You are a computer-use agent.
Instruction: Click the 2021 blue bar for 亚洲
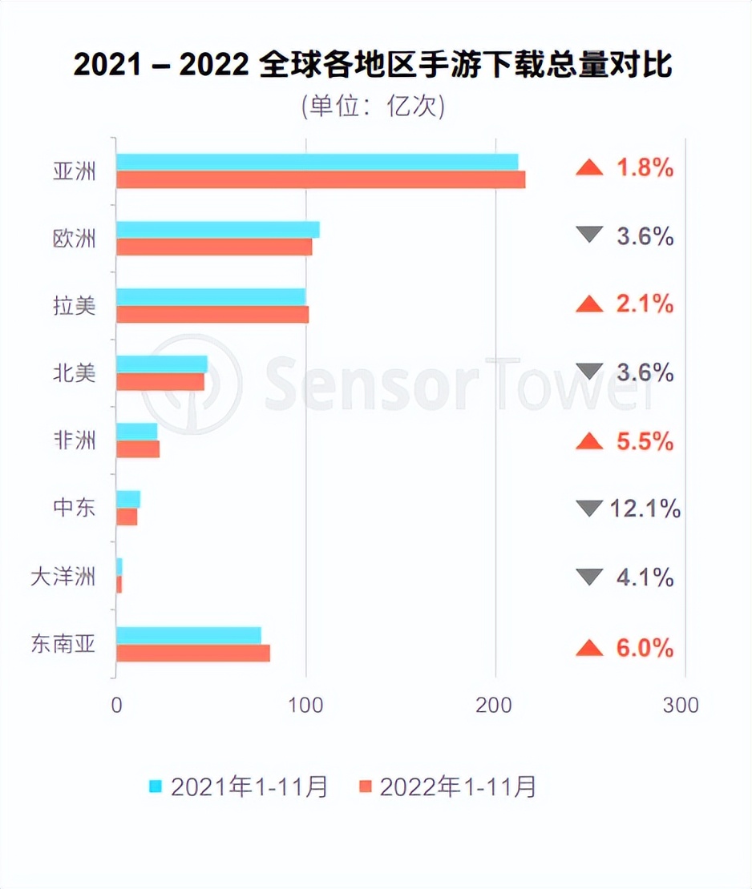point(317,162)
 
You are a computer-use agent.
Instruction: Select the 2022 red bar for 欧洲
point(214,247)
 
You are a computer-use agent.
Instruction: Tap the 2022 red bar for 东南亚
point(193,654)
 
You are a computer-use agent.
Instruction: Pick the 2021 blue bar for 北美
point(162,364)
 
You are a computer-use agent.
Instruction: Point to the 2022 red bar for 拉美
point(212,315)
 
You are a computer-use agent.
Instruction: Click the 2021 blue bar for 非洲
point(137,432)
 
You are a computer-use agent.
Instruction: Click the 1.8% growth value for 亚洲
point(644,169)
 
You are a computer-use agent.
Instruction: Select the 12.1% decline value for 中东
point(645,508)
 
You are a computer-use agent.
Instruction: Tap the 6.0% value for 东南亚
point(644,648)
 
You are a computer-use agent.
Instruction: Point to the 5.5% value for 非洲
point(644,440)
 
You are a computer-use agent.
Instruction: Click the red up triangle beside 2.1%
point(589,304)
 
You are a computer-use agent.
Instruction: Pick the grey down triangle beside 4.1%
point(589,577)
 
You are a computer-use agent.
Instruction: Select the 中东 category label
point(74,508)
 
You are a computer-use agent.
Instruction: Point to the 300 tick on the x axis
point(682,706)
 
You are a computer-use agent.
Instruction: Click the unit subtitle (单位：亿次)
point(373,107)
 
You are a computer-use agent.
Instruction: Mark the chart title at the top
point(373,65)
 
